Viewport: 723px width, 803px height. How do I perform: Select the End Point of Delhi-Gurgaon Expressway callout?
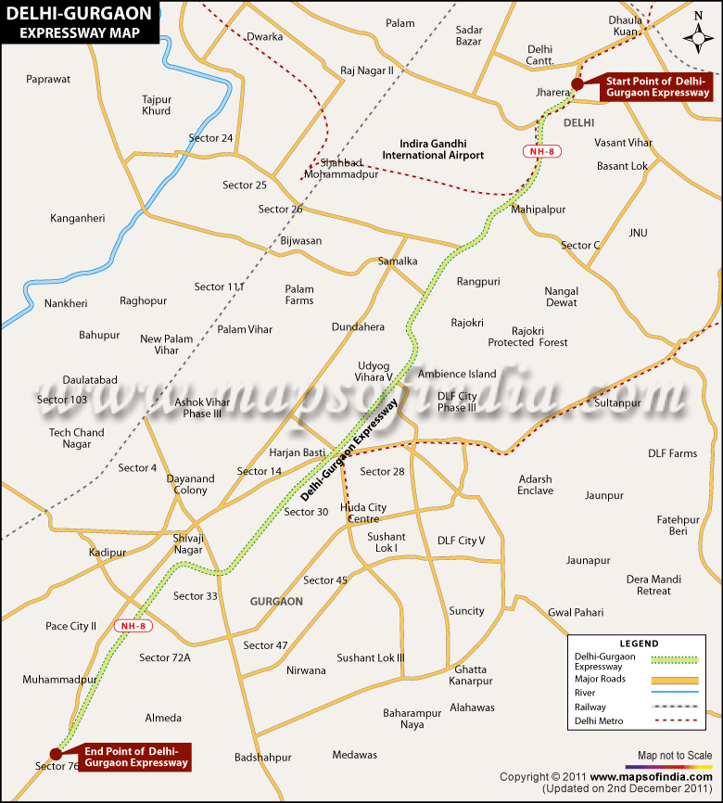click(x=136, y=757)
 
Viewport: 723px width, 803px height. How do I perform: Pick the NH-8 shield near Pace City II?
click(x=133, y=626)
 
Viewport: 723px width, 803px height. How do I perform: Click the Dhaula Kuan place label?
click(x=625, y=25)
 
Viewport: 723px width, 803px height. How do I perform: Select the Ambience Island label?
click(x=457, y=374)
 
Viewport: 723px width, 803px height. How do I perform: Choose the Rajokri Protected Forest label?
click(x=539, y=337)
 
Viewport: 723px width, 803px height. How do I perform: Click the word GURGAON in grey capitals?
click(x=276, y=602)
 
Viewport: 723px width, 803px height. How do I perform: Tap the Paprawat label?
click(x=49, y=79)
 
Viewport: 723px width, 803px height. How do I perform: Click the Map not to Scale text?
click(x=674, y=755)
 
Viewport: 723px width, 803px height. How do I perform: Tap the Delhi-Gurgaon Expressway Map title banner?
click(x=78, y=21)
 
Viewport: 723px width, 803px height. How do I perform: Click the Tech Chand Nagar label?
click(x=77, y=439)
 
